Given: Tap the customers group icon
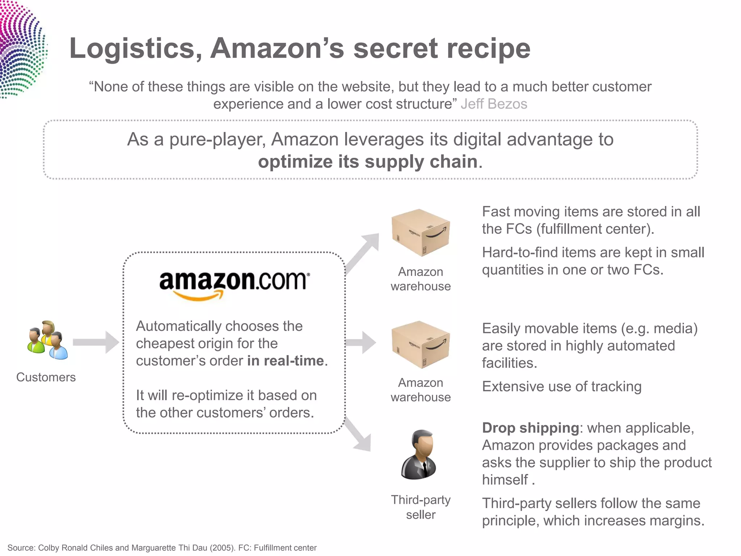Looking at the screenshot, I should (x=47, y=340).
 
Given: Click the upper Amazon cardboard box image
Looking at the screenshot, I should (x=420, y=232).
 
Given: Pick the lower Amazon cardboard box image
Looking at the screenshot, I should (x=420, y=344).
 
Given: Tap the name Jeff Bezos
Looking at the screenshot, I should (x=494, y=104).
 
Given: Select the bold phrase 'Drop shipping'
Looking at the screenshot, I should (x=530, y=428).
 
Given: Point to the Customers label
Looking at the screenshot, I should (x=46, y=377).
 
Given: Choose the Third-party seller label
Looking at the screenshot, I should (x=420, y=507).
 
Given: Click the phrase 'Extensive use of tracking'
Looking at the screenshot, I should (x=562, y=387).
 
